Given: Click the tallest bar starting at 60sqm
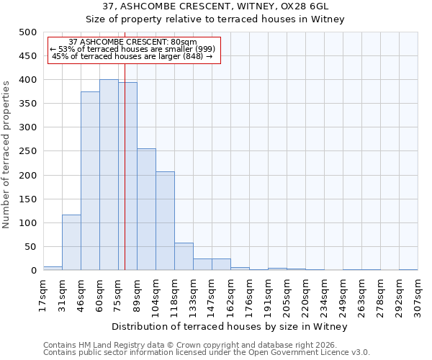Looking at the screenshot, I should click(109, 175).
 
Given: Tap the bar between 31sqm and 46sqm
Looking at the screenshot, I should click(71, 243).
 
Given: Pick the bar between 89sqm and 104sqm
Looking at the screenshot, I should click(146, 210).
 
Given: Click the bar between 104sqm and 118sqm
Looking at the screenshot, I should click(165, 221).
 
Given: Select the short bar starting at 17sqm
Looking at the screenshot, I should click(53, 268).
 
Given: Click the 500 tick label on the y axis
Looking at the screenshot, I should click(27, 32).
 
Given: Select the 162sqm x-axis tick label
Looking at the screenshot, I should click(231, 295).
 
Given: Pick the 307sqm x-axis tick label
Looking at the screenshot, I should click(418, 295).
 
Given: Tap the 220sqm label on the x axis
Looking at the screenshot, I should click(306, 295).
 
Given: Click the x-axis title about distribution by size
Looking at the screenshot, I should click(230, 327).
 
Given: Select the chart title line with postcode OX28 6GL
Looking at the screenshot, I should click(216, 6).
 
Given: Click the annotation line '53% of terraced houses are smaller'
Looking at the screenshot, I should click(132, 49).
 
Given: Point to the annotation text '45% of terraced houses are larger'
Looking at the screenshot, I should click(132, 56).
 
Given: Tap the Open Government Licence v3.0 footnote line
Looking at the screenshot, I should click(207, 353).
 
